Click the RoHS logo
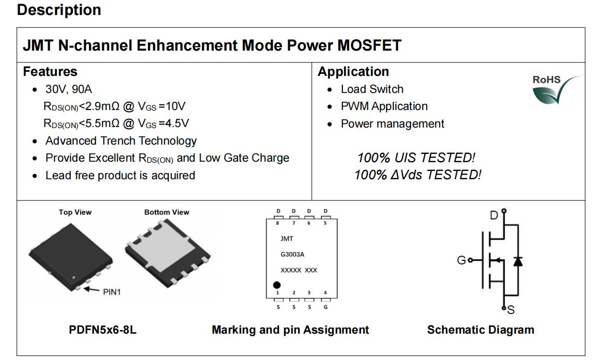(x=555, y=89)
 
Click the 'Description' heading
(x=59, y=10)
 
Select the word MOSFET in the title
(x=369, y=45)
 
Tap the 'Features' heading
(x=50, y=72)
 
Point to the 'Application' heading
(x=353, y=72)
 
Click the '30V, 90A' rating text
(x=69, y=89)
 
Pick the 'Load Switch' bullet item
(x=372, y=89)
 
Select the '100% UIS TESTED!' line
(x=416, y=158)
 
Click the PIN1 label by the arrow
(x=112, y=292)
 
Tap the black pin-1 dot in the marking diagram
(x=277, y=285)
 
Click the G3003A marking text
(x=292, y=254)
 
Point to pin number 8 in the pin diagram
(x=277, y=223)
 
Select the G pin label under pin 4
(x=325, y=307)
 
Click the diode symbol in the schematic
(x=518, y=261)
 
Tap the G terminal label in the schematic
(x=461, y=260)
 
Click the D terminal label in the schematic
(x=494, y=215)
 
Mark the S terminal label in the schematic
(x=511, y=310)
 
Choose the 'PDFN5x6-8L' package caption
(x=103, y=330)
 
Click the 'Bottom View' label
(x=167, y=212)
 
